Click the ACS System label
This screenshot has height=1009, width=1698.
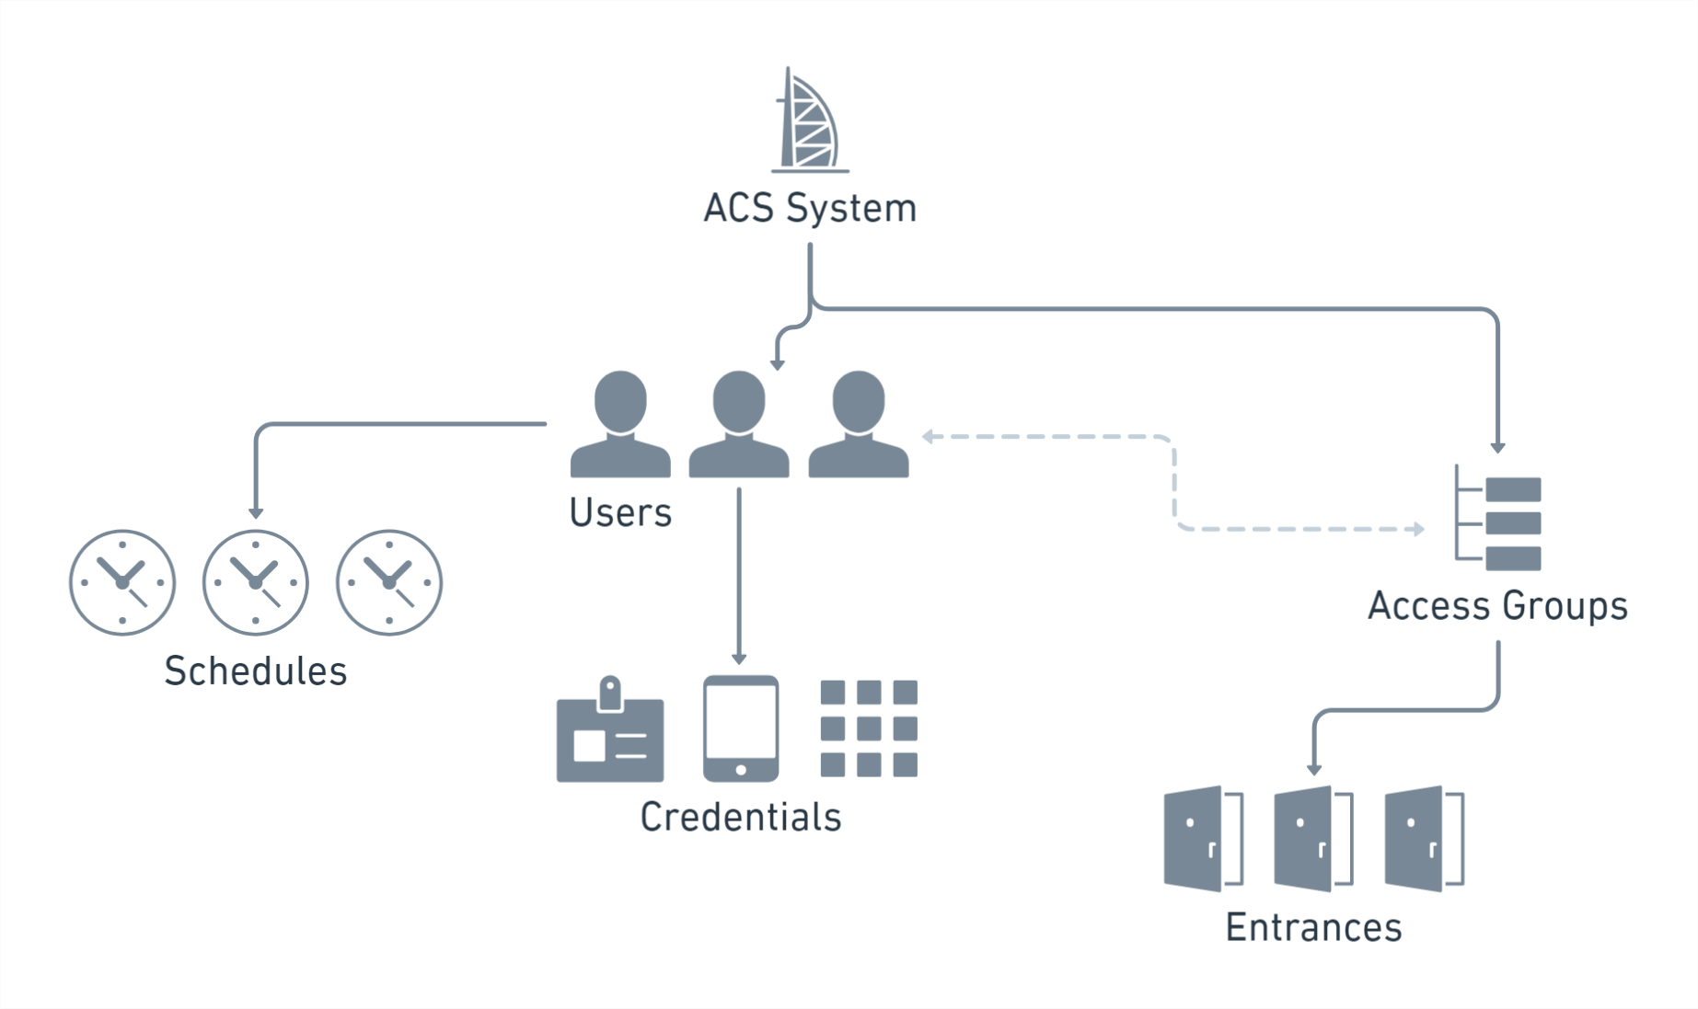pos(810,208)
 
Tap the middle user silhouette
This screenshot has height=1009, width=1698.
pos(739,425)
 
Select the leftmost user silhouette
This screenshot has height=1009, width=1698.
pos(620,425)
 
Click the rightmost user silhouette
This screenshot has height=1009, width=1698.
pos(858,425)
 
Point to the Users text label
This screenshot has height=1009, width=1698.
pos(620,513)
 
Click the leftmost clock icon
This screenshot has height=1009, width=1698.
pos(122,582)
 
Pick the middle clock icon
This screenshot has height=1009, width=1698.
pos(256,582)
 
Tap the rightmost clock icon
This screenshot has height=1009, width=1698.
pos(389,582)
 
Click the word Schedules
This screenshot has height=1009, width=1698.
pos(256,671)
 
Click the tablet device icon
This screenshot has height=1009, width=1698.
pos(741,728)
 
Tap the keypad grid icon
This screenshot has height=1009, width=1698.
pos(869,728)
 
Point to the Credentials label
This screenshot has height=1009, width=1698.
pos(741,817)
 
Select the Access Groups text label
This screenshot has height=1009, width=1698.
pos(1497,606)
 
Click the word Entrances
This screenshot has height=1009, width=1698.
pos(1313,927)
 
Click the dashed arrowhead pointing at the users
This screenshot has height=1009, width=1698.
pos(928,437)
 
